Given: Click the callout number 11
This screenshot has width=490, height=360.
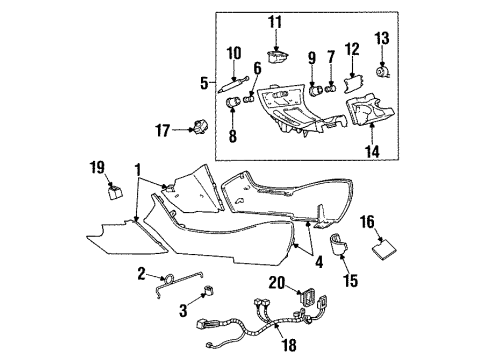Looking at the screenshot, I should click(x=276, y=21).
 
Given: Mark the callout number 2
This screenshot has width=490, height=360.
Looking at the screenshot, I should click(x=143, y=274).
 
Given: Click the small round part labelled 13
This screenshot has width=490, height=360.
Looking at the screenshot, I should click(x=381, y=71).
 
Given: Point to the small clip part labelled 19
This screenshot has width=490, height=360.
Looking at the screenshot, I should click(x=114, y=187).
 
